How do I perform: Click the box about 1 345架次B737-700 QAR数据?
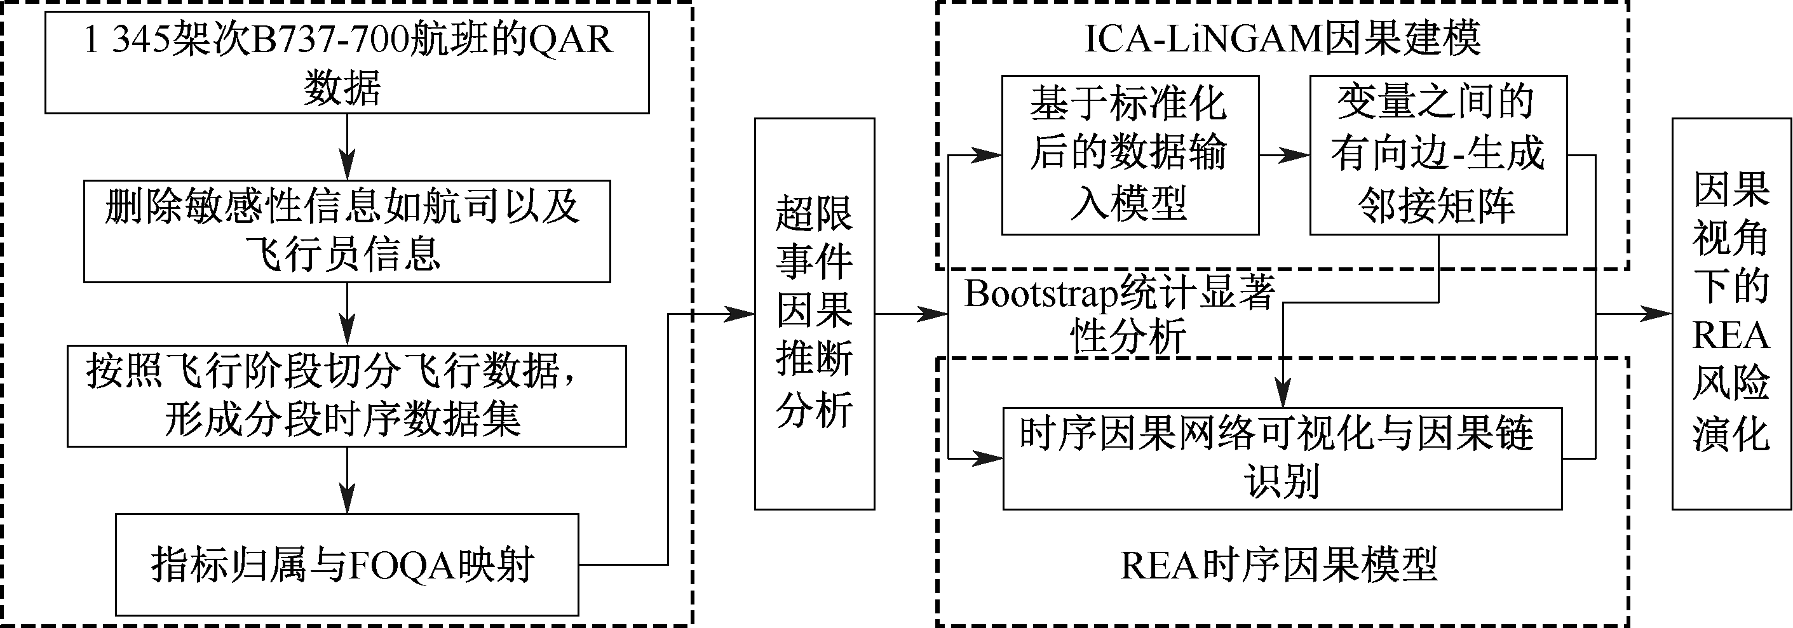(347, 63)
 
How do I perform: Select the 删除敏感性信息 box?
(347, 231)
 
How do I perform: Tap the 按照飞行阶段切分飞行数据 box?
(347, 396)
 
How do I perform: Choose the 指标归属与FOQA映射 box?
(347, 564)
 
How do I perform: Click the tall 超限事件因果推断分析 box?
(815, 314)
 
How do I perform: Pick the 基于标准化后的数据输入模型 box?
(1130, 155)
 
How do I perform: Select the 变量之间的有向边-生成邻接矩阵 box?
(1438, 155)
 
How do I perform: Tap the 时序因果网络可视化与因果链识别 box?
(1282, 458)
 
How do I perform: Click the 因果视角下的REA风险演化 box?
(1732, 314)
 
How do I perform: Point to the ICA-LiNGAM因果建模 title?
(1282, 38)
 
